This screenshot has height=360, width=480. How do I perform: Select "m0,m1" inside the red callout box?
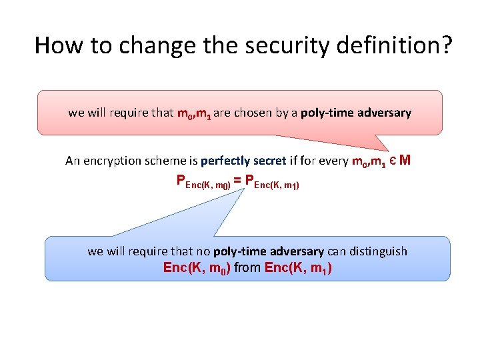pyautogui.click(x=194, y=113)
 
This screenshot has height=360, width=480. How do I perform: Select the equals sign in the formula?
pyautogui.click(x=238, y=180)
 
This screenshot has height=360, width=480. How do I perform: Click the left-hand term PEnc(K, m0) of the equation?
pyautogui.click(x=203, y=181)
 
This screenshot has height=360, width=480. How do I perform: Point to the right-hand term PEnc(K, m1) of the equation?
pyautogui.click(x=272, y=181)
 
